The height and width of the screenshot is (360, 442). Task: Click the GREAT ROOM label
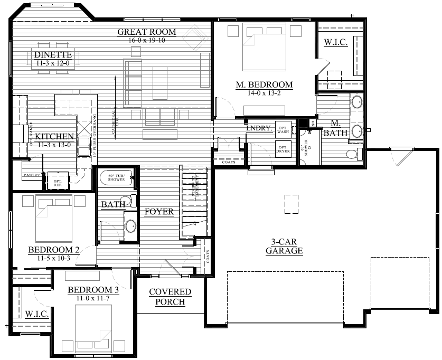pyautogui.click(x=146, y=32)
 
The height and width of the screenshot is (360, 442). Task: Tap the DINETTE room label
pyautogui.click(x=53, y=55)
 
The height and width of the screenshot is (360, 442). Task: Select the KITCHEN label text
pyautogui.click(x=54, y=137)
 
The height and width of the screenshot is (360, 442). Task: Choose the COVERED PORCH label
pyautogui.click(x=170, y=297)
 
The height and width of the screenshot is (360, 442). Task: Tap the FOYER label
pyautogui.click(x=159, y=212)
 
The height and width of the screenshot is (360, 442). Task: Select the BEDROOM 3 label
pyautogui.click(x=93, y=290)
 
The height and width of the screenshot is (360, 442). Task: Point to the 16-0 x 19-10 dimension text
pyautogui.click(x=146, y=40)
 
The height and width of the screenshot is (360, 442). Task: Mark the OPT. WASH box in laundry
pyautogui.click(x=284, y=130)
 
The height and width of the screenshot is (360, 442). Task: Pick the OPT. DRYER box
pyautogui.click(x=284, y=148)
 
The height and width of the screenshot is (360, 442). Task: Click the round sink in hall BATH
pyautogui.click(x=129, y=226)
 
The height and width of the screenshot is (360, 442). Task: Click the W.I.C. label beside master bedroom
pyautogui.click(x=335, y=43)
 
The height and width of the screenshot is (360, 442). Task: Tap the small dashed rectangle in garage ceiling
pyautogui.click(x=291, y=204)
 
